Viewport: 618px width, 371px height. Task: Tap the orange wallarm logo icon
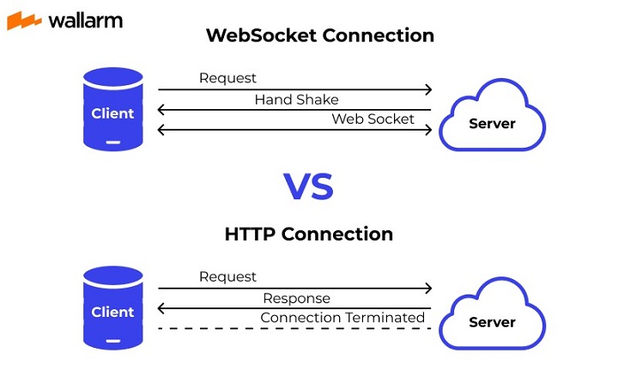(24, 21)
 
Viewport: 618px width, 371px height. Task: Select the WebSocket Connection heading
(320, 36)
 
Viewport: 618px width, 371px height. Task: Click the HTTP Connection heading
(309, 234)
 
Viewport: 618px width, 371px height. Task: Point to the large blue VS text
(308, 186)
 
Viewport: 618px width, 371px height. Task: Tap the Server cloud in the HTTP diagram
(492, 320)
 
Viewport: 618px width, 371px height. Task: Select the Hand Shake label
(296, 100)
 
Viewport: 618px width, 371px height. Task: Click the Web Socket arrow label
(373, 119)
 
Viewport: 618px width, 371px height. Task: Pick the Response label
(296, 299)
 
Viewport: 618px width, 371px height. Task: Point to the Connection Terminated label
(342, 318)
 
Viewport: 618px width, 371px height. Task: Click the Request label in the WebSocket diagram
(227, 78)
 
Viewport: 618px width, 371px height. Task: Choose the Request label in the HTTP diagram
(227, 277)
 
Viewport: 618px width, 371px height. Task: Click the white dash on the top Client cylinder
(113, 142)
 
